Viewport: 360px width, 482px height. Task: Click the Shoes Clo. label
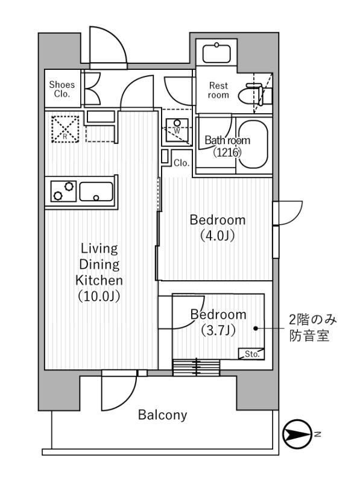click(x=62, y=89)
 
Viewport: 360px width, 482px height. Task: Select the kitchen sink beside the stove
click(x=96, y=192)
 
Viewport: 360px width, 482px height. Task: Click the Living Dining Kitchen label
click(x=99, y=264)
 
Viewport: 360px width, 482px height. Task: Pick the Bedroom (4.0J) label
click(x=217, y=227)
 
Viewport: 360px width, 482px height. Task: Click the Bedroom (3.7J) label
click(x=218, y=322)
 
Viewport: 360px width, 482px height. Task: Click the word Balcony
click(x=162, y=415)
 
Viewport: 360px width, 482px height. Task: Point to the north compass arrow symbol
click(x=297, y=433)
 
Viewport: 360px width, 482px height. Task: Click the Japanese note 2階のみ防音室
click(x=308, y=328)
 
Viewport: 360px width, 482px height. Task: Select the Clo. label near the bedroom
click(x=182, y=163)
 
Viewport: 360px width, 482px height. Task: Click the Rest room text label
click(x=218, y=90)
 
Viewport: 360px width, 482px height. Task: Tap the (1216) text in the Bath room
click(x=227, y=152)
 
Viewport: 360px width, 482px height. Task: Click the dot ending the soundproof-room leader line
click(x=256, y=328)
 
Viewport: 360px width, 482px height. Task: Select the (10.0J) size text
click(x=99, y=296)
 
